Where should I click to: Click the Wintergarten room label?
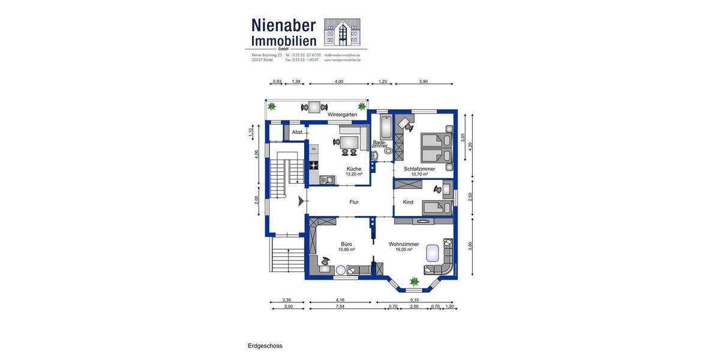pos(343,114)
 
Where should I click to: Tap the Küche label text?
pos(354,169)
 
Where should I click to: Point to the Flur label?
pos(354,202)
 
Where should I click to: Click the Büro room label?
pos(346,244)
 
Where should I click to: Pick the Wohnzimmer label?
pos(403,244)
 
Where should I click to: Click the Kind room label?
pos(408,202)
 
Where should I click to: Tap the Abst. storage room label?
pos(297,132)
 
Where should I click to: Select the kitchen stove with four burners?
pos(314,164)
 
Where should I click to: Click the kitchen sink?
pos(328,179)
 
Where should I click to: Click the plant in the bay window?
pos(413,280)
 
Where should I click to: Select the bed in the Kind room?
pos(437,208)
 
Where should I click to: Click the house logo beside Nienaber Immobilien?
pos(342,32)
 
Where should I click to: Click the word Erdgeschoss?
pos(265,346)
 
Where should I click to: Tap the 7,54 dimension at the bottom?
pos(340,307)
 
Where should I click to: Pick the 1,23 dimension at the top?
pos(382,82)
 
